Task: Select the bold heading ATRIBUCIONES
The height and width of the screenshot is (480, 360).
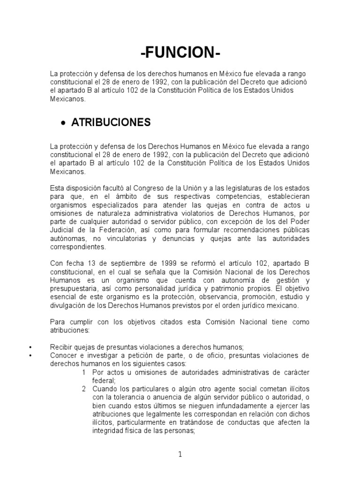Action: pyautogui.click(x=111, y=123)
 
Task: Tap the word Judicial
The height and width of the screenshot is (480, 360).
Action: pyautogui.click(x=62, y=230)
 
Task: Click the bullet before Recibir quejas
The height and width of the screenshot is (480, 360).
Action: pyautogui.click(x=30, y=347)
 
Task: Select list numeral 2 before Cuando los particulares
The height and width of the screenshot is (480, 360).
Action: pyautogui.click(x=83, y=389)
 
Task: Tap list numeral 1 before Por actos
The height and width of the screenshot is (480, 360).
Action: pyautogui.click(x=83, y=372)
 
